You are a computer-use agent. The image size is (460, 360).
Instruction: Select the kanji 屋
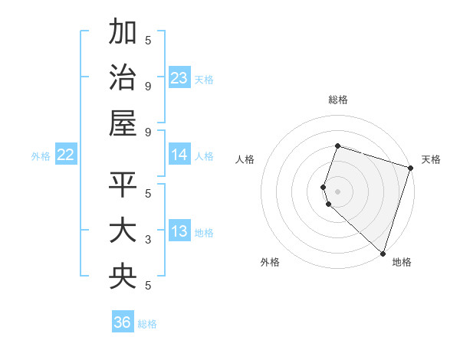coord(123,122)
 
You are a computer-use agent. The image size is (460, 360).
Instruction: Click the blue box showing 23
coord(179,78)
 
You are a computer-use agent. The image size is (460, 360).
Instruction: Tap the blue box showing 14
coord(179,155)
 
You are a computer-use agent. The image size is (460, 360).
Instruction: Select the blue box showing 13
coord(179,232)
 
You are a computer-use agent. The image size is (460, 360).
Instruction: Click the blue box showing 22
coord(65,155)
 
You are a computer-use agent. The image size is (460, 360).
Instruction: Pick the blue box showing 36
coord(123,322)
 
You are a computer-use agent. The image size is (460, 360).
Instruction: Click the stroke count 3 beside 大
coord(148,240)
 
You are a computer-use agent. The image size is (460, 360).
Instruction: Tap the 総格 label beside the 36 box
coord(147,324)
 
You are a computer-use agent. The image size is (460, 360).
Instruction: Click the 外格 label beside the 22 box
coord(41,156)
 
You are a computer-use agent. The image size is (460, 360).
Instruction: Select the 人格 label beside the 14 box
coord(204,156)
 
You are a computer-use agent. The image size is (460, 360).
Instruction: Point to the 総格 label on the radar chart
coord(337,100)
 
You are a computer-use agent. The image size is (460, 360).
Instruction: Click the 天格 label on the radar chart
coord(431,159)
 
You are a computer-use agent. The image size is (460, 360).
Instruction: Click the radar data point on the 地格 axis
coord(383,253)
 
